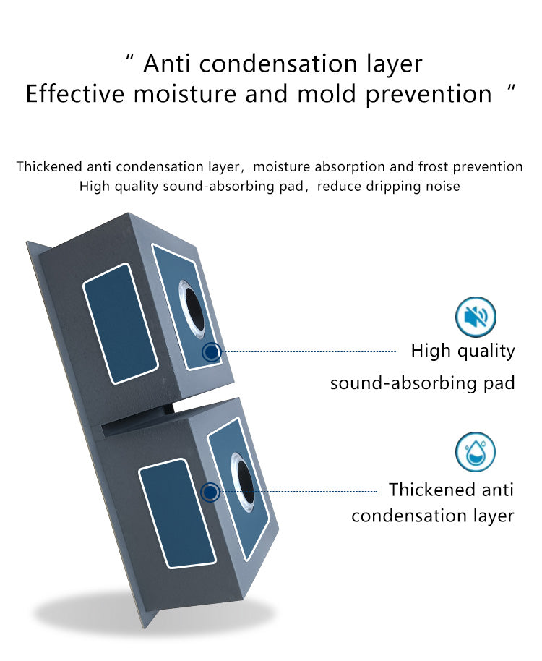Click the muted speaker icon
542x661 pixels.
pyautogui.click(x=476, y=317)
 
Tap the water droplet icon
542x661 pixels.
pyautogui.click(x=476, y=452)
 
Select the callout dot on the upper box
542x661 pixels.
pyautogui.click(x=212, y=351)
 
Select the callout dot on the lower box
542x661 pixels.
pyautogui.click(x=210, y=492)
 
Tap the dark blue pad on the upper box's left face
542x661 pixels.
pyautogui.click(x=121, y=323)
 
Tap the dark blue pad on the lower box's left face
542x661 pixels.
pyautogui.click(x=177, y=513)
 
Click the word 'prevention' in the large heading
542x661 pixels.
pyautogui.click(x=429, y=95)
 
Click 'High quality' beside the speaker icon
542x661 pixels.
pyautogui.click(x=463, y=351)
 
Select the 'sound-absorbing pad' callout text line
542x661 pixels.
pyautogui.click(x=422, y=383)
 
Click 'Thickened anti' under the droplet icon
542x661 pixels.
pyautogui.click(x=451, y=490)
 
